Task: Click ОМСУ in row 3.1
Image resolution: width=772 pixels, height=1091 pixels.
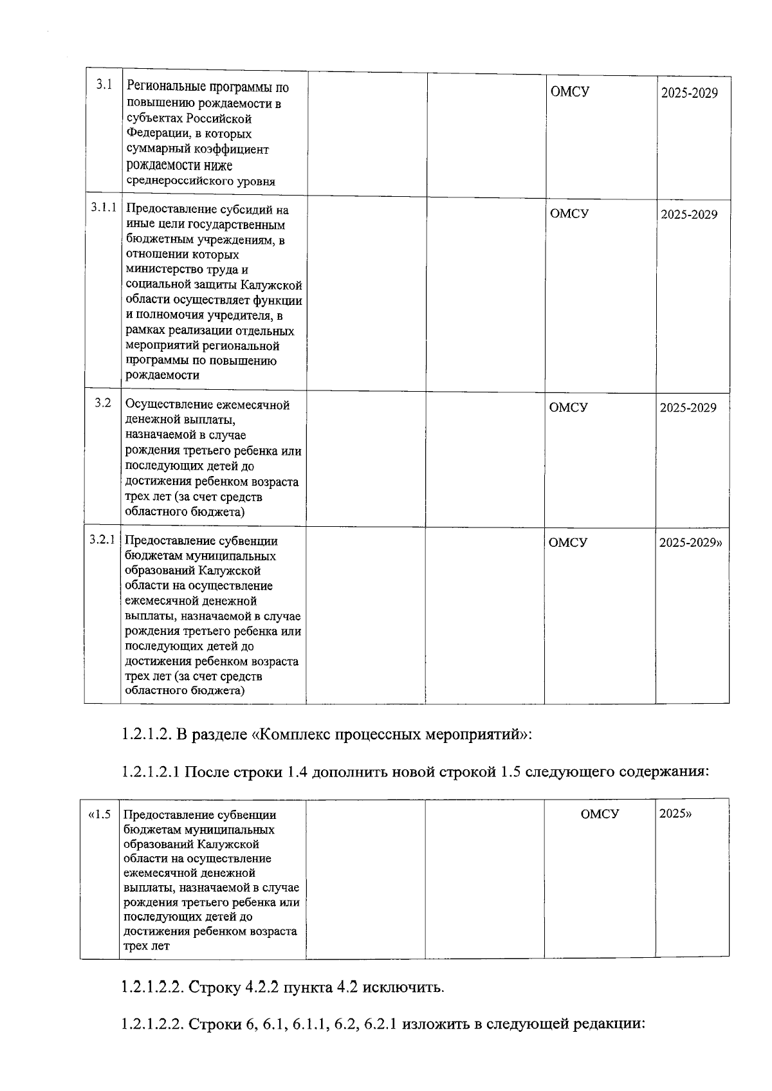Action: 570,91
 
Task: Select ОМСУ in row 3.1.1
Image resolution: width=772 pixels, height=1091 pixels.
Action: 569,214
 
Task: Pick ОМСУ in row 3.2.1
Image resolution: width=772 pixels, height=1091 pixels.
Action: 568,542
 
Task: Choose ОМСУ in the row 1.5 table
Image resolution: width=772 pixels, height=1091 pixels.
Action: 600,814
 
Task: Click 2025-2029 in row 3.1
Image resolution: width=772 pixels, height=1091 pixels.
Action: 690,93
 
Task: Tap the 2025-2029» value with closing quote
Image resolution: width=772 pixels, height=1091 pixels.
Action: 690,542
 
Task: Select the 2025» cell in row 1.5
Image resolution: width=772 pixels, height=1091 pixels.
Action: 675,813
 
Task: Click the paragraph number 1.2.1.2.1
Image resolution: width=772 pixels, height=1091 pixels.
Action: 151,771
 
